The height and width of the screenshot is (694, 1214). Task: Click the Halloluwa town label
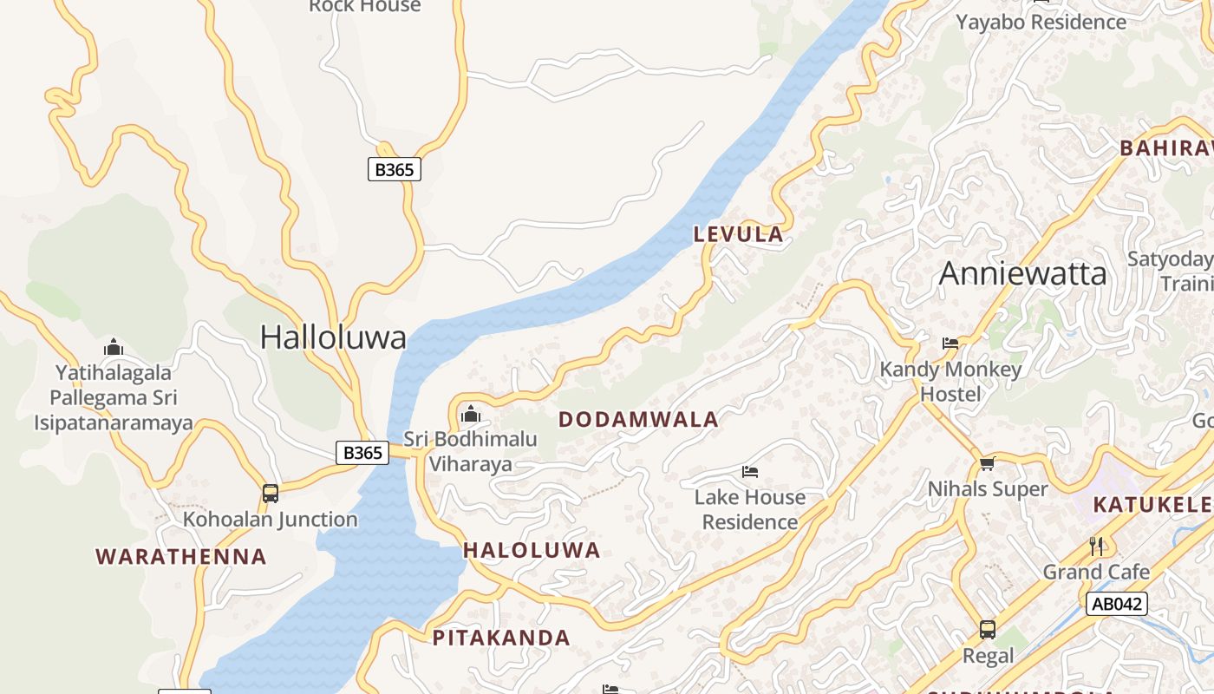pos(333,337)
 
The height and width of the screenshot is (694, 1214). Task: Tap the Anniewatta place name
pos(1022,273)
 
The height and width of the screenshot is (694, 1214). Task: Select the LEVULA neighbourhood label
pos(739,234)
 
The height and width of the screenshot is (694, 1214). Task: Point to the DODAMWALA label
pos(638,420)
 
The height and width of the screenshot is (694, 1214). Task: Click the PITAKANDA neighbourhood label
pos(501,638)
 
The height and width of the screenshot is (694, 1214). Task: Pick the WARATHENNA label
pos(181,557)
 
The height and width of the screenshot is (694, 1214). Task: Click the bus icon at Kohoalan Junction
pos(271,494)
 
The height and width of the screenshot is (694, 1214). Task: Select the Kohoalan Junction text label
pos(270,520)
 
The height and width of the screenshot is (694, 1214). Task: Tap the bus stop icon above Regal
pos(987,630)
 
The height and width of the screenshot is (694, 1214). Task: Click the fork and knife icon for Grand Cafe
pos(1096,546)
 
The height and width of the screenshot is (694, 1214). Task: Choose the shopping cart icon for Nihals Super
pos(987,463)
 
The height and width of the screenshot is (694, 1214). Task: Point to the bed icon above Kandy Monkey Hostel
pos(950,344)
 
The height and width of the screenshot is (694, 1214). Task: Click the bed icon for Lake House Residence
pos(750,472)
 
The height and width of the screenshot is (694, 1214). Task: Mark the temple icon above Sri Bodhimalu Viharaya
pos(471,414)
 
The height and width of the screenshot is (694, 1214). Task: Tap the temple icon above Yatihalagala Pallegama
pos(114,348)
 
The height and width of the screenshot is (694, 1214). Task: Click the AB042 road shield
pos(1116,604)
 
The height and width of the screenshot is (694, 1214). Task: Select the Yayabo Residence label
pos(1041,22)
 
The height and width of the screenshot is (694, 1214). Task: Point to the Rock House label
pos(365,6)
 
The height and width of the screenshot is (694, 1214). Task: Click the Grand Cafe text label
pos(1096,572)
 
